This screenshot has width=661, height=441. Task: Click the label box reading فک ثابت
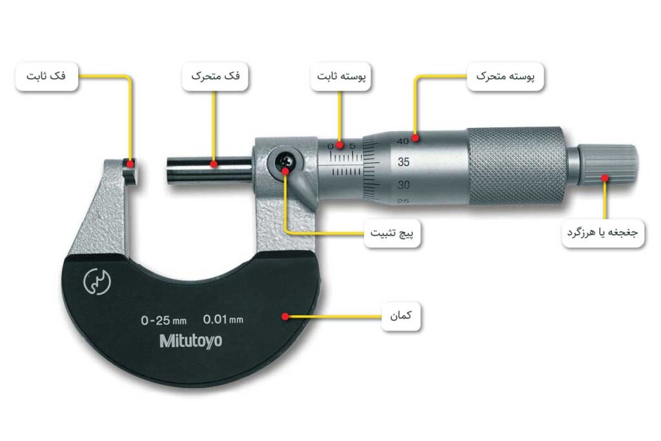[46, 77]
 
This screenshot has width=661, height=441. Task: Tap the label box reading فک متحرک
[215, 77]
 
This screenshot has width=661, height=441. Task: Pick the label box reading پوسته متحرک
[505, 77]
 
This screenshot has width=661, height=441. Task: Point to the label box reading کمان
[401, 317]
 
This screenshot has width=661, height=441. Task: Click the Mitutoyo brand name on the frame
[190, 341]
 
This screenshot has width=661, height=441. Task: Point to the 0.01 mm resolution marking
[223, 319]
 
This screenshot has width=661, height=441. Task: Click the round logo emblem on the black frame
[97, 283]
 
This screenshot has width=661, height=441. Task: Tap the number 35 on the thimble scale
[404, 162]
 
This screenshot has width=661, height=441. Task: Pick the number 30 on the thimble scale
[404, 185]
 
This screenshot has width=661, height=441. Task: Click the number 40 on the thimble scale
[403, 140]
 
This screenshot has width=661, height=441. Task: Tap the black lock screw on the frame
[286, 161]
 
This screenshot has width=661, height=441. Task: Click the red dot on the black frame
[285, 316]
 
